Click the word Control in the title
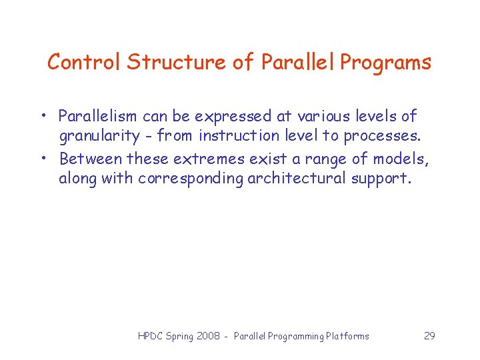tap(85, 63)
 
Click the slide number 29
tap(429, 336)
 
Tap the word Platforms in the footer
tap(347, 336)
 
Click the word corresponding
tap(191, 179)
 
